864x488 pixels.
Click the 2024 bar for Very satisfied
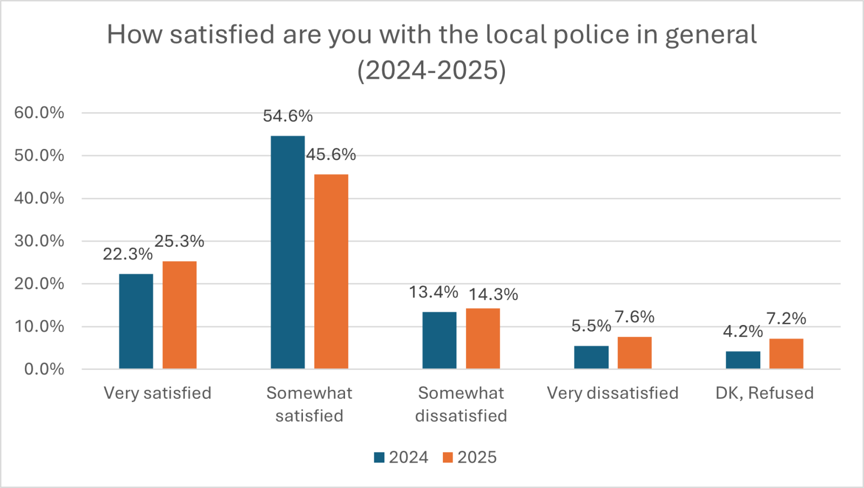136,321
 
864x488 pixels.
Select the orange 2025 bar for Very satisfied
179,315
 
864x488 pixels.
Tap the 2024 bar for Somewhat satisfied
288,252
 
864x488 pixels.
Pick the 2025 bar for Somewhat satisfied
331,272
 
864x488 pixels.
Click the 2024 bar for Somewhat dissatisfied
439,340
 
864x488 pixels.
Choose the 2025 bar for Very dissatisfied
634,353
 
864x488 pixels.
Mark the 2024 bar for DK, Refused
742,360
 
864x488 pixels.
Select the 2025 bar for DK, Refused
786,354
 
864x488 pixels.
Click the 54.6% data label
288,116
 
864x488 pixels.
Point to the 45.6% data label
331,155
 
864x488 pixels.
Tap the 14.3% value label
493,294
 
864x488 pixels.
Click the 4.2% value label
742,331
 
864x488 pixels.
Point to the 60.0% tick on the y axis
39,113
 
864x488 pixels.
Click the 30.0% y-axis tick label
39,241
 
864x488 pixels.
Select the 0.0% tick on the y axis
44,369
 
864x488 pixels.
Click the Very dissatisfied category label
612,393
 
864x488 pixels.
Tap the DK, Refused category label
764,393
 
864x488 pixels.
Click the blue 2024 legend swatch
379,458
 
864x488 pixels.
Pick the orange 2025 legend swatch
448,458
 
